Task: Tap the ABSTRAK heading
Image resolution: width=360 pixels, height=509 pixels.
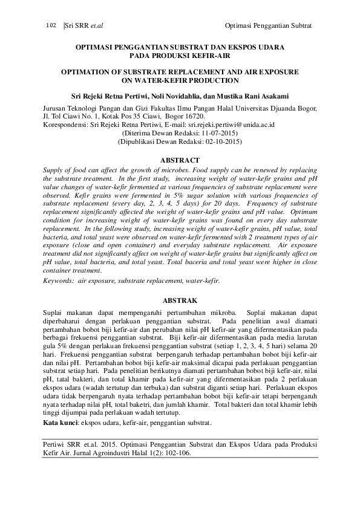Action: tap(180, 300)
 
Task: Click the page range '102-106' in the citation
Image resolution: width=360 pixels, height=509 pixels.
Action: tap(177, 458)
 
